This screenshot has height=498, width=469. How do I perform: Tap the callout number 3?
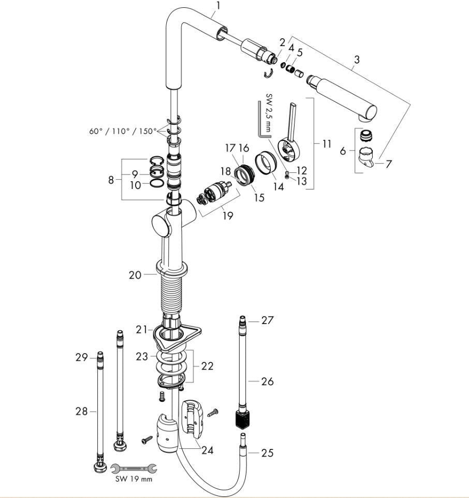click(x=356, y=61)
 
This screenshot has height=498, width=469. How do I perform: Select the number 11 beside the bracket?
click(x=326, y=144)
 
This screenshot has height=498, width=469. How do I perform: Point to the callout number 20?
click(x=135, y=275)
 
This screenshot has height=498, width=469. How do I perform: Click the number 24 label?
click(x=207, y=450)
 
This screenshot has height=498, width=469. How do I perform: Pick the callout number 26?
click(x=267, y=382)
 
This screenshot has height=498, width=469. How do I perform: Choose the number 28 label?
click(x=82, y=412)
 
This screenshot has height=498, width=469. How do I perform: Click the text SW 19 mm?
click(x=134, y=479)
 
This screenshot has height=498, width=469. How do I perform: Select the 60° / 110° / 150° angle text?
click(x=122, y=131)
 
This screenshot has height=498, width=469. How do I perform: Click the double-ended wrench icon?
click(x=133, y=468)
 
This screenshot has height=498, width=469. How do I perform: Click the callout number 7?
click(x=388, y=164)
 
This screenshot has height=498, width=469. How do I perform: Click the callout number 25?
click(x=267, y=454)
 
